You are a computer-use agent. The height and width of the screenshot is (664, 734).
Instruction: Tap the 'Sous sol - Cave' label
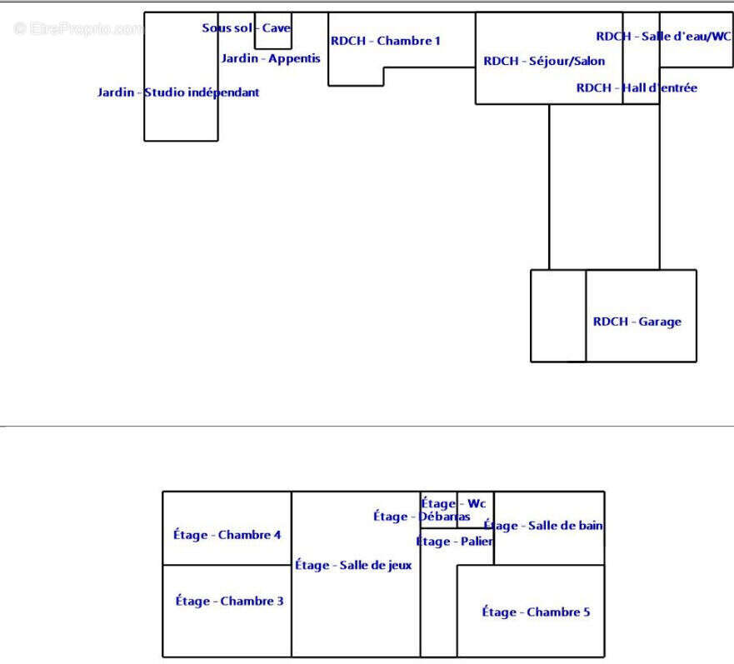[x=247, y=28]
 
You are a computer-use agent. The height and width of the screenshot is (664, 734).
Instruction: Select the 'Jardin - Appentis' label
[x=270, y=58]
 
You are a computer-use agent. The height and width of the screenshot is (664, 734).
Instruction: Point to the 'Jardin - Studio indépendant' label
[x=178, y=92]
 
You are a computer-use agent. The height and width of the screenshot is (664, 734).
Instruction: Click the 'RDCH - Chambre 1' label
[x=385, y=40]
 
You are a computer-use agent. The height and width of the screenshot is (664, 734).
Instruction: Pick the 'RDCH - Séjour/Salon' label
[x=544, y=61]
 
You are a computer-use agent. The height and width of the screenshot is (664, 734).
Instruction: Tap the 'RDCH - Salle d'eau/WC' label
[x=663, y=36]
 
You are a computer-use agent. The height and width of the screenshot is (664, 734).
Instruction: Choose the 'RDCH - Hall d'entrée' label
[x=637, y=87]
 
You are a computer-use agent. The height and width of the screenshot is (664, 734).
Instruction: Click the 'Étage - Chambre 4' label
[x=227, y=535]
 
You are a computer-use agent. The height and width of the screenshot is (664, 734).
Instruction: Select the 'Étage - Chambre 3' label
[x=229, y=601]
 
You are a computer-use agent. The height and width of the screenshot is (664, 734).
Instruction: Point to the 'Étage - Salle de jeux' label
[x=353, y=566]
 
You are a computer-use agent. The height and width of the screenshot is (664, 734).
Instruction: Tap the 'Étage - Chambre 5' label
[x=536, y=612]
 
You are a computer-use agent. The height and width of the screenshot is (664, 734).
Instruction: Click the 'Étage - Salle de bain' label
[x=543, y=526]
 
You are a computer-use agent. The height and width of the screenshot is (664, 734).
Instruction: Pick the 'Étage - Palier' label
[x=455, y=542]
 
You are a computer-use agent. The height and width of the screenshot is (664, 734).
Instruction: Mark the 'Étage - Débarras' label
[x=421, y=517]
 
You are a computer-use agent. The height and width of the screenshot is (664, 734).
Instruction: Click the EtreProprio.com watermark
[x=78, y=29]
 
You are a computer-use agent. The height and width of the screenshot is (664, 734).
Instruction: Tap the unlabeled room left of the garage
[x=558, y=316]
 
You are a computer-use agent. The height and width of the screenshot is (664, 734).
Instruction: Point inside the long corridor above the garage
[x=604, y=187]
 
